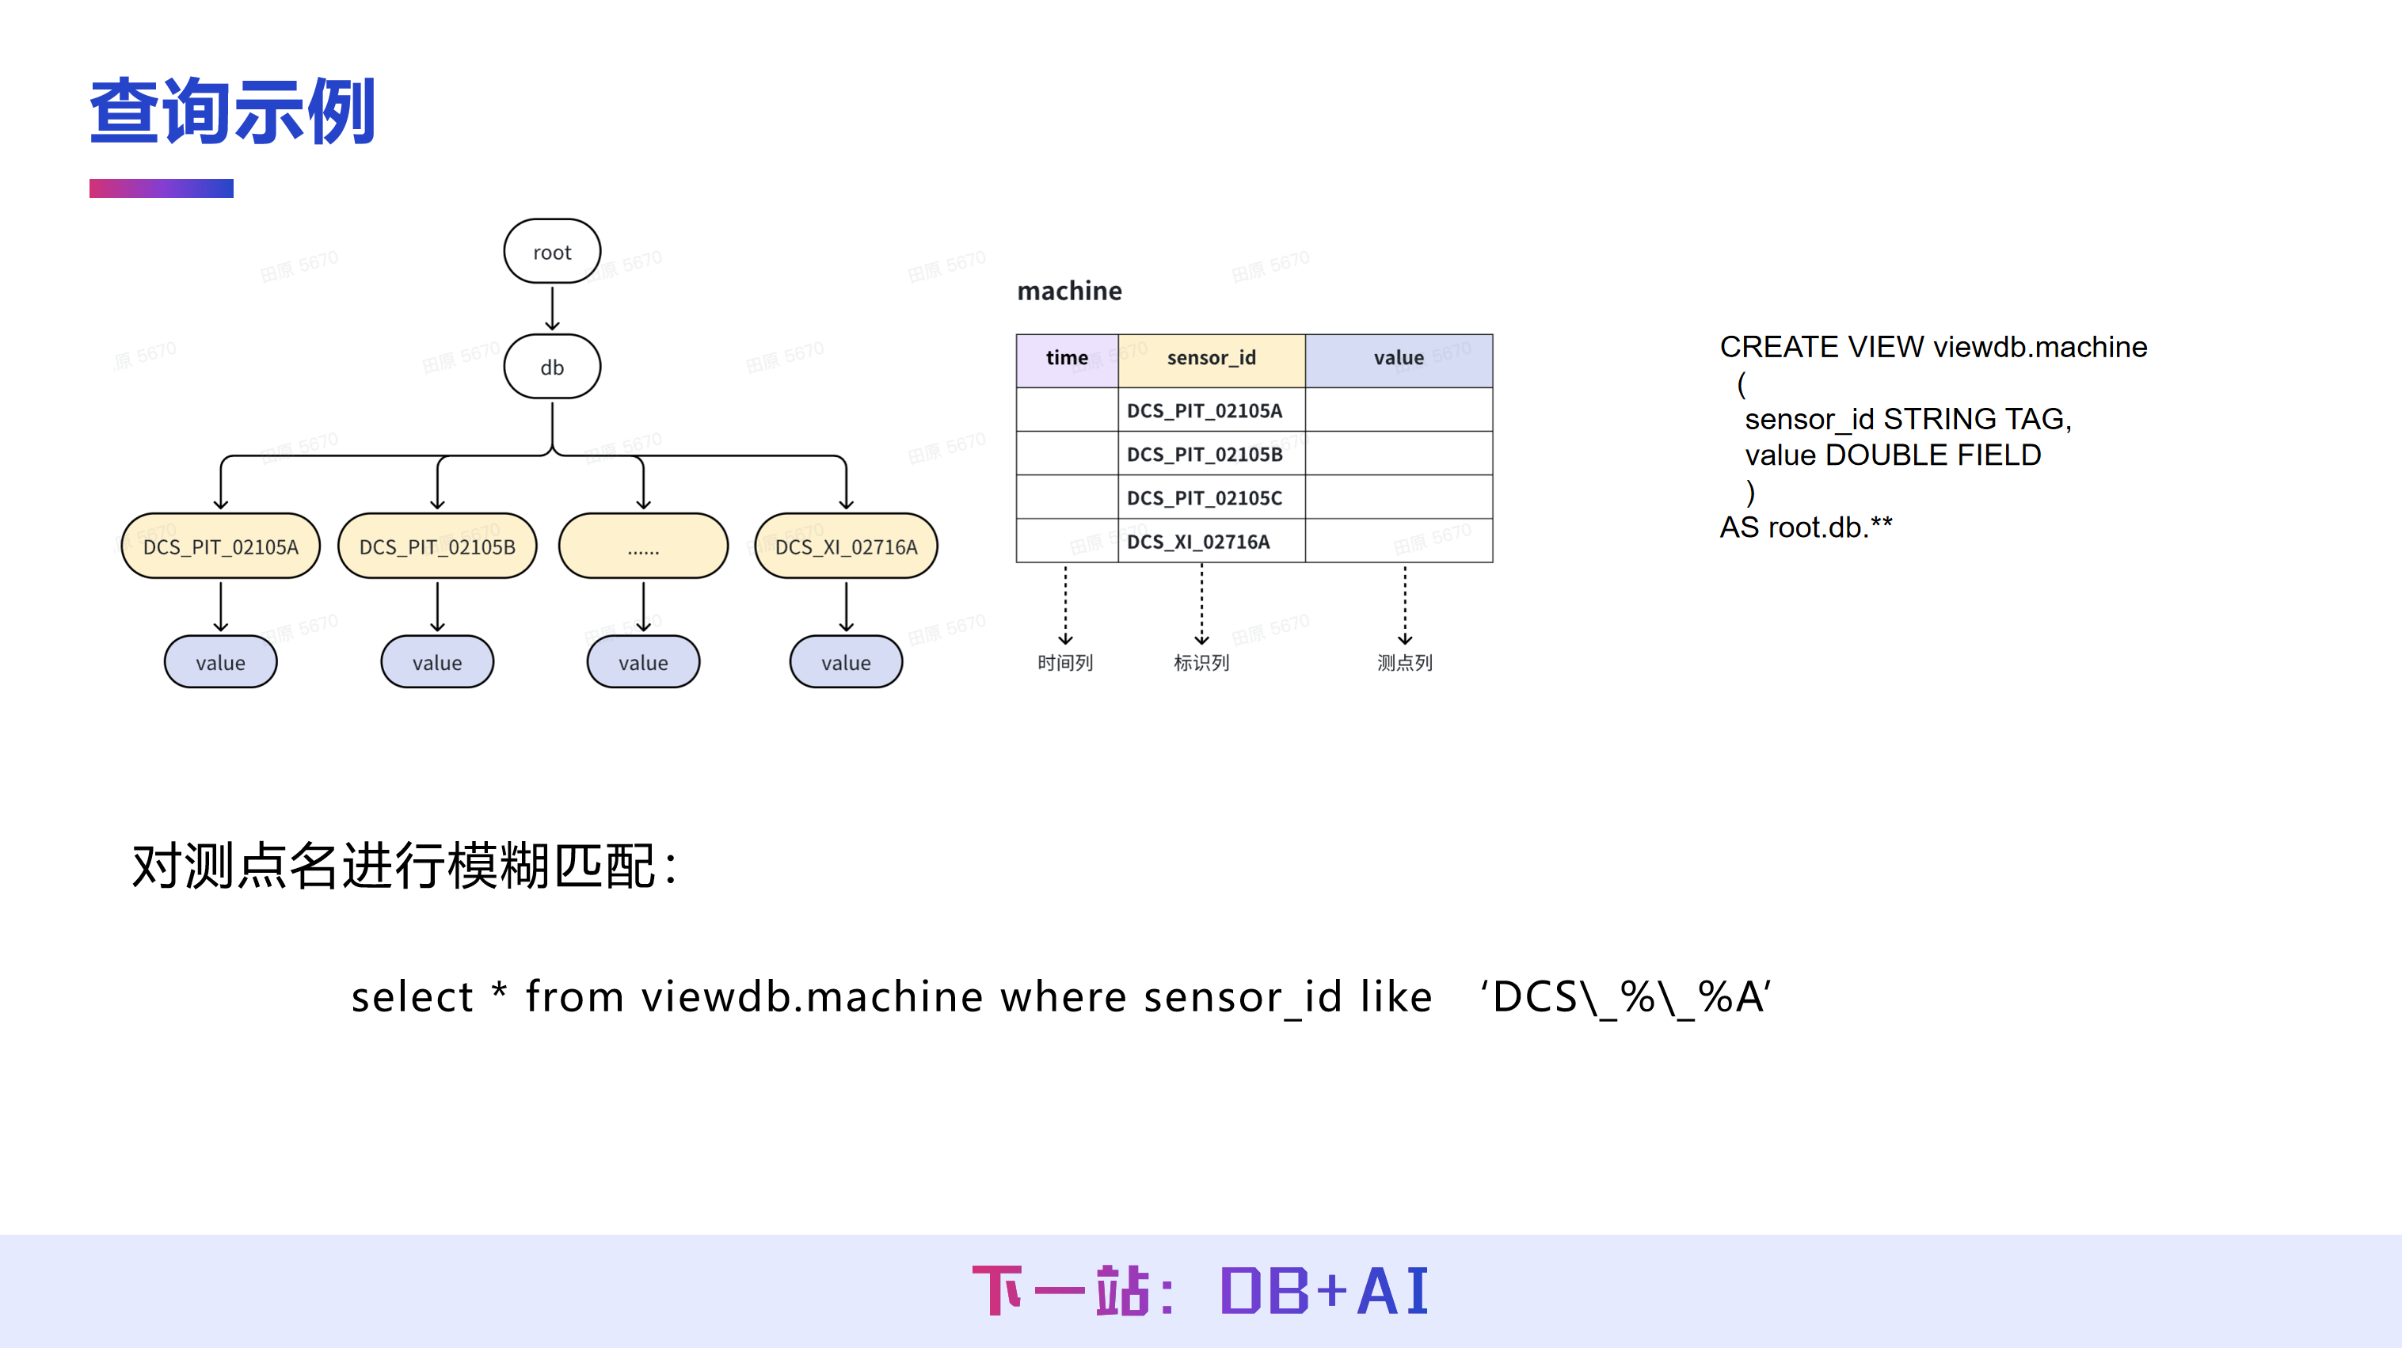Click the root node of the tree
point(552,252)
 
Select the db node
point(552,367)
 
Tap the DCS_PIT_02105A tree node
point(221,546)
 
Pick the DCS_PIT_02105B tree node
point(437,546)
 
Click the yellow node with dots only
point(643,546)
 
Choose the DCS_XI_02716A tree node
point(846,546)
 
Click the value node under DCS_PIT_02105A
point(221,663)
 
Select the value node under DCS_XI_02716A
point(846,663)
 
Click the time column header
point(1067,358)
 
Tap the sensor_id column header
point(1211,358)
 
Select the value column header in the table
point(1399,358)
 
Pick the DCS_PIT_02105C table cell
point(1205,498)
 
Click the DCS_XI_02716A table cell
point(1198,542)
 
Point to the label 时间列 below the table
point(1065,663)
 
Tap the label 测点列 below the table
point(1404,663)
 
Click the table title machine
point(1069,291)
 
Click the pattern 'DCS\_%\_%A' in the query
point(1625,996)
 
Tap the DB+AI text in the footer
point(1324,1291)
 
